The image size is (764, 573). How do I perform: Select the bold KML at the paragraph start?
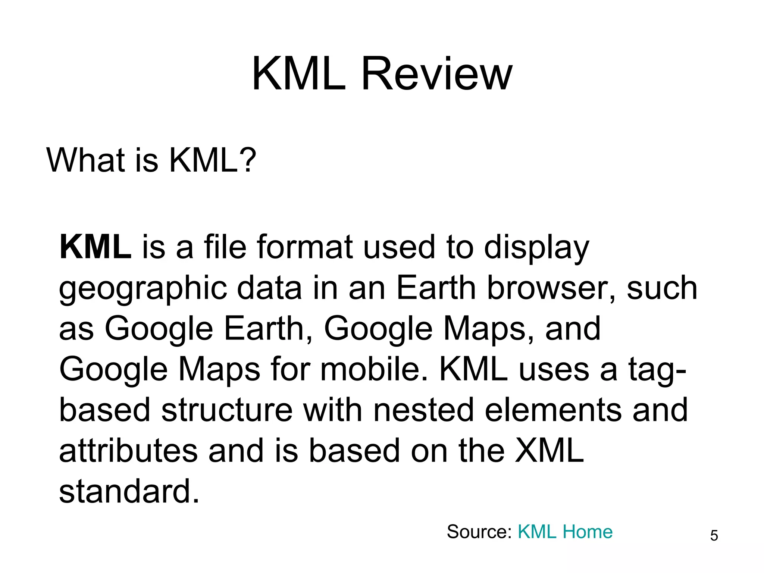point(95,247)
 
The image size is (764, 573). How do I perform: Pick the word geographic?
point(143,289)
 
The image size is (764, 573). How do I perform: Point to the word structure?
point(227,410)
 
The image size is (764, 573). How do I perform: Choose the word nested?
point(423,410)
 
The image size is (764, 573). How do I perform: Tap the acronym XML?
point(549,451)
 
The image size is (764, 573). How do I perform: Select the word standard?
point(129,491)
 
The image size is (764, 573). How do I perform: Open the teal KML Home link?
point(565,532)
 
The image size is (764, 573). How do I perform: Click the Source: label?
point(479,532)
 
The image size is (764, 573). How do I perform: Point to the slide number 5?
point(714,536)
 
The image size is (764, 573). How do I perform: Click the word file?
point(225,247)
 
